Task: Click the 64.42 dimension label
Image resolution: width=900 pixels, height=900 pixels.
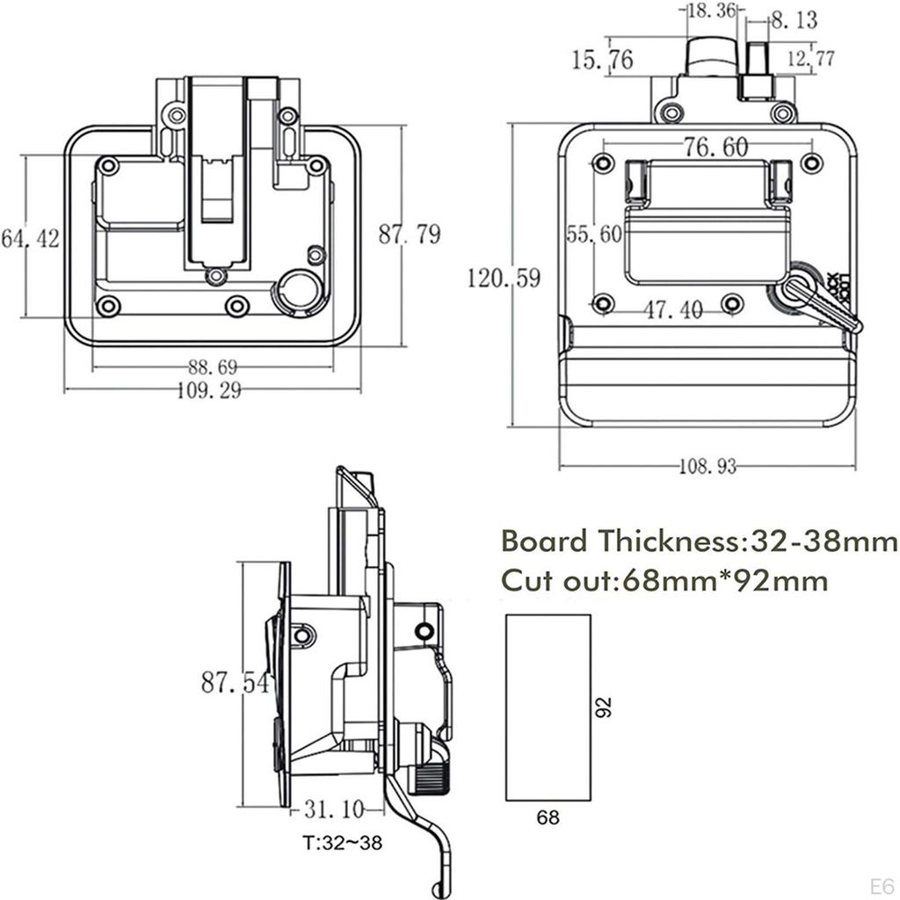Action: click(30, 238)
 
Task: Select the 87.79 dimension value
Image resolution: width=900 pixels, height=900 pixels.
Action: click(410, 235)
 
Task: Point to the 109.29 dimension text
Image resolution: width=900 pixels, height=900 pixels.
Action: click(209, 391)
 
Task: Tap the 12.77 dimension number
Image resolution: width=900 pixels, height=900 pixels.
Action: click(810, 59)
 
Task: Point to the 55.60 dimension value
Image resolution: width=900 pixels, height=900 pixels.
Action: click(593, 234)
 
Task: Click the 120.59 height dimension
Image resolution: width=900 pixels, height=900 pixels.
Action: click(504, 279)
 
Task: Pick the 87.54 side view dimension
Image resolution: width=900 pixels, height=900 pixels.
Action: click(235, 682)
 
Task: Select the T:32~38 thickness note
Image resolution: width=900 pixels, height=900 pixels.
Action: click(343, 843)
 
